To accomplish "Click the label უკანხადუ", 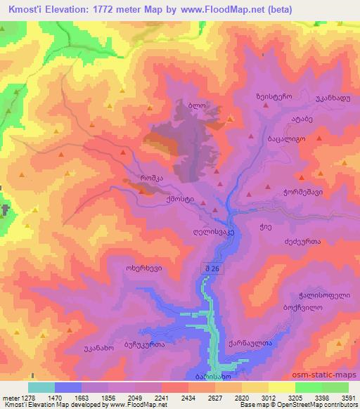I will (x=330, y=99).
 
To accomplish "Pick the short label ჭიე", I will (x=285, y=226).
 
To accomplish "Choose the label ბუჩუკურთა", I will (x=144, y=345).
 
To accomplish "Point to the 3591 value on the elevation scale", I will (x=347, y=398).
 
